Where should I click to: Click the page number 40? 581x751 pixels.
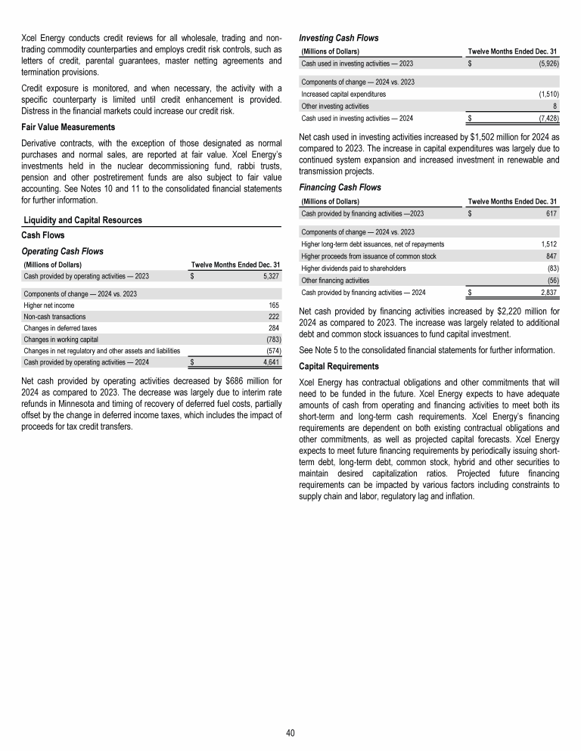click(x=290, y=733)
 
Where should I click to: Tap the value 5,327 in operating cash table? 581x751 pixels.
click(x=269, y=277)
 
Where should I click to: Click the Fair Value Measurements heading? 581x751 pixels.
click(x=67, y=126)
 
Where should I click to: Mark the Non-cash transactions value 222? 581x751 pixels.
click(x=274, y=317)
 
